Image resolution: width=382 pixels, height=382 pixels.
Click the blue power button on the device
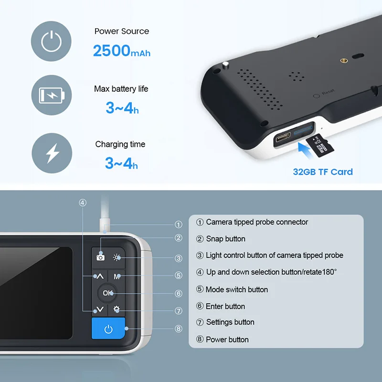tap(108, 329)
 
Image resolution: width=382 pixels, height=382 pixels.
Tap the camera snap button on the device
tap(100, 257)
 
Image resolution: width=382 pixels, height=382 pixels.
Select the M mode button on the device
tap(117, 276)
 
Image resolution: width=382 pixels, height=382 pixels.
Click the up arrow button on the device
tap(100, 276)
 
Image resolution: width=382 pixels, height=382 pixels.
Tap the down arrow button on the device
tap(100, 309)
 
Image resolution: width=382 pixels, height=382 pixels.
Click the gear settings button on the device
tap(117, 309)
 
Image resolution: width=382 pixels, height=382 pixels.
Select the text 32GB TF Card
tap(323, 172)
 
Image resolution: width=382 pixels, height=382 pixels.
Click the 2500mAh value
tap(121, 51)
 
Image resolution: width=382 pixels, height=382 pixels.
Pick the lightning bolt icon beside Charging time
tap(52, 153)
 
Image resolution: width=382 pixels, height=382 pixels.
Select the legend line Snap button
tap(225, 239)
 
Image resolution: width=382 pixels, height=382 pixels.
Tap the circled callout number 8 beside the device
tap(179, 329)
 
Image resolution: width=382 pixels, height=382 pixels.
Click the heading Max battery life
tap(121, 89)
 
